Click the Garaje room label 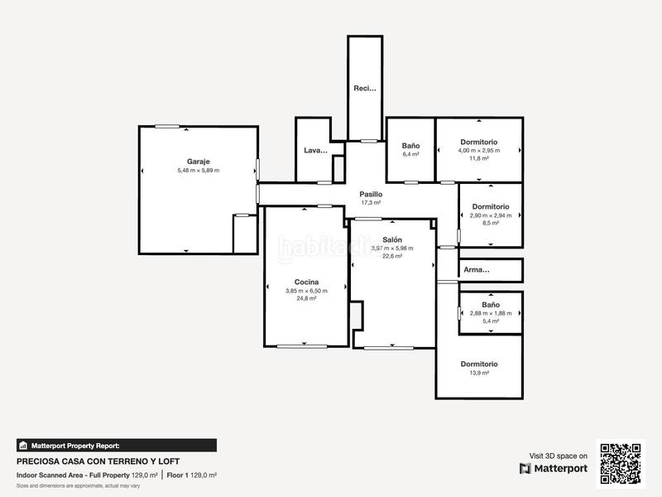198,162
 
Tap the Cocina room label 306,282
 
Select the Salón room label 392,239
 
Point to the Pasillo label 371,194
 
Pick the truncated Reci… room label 365,88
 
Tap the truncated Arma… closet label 477,269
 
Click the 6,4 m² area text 411,154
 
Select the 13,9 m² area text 479,373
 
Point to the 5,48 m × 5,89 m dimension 198,171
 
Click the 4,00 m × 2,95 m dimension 479,150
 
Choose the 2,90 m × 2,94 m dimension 491,215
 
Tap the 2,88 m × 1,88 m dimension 491,313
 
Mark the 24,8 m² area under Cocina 306,298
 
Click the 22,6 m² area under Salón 392,256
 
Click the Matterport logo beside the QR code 554,468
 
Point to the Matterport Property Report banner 116,445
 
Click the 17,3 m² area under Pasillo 371,202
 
